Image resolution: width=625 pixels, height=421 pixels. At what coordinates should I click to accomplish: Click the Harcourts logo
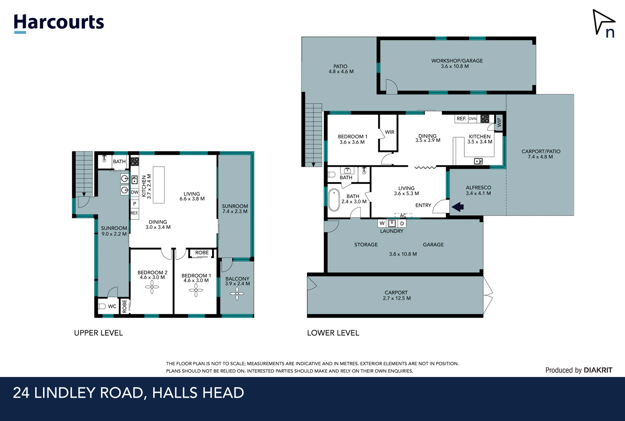59,23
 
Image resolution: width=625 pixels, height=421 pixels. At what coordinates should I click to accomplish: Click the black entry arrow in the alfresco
458,207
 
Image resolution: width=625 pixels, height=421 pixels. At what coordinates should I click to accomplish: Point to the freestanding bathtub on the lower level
334,200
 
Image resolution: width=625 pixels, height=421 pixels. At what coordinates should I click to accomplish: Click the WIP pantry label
499,122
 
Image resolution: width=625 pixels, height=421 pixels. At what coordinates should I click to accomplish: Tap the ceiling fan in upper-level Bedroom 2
152,287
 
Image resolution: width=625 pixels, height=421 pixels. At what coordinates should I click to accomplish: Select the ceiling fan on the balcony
237,294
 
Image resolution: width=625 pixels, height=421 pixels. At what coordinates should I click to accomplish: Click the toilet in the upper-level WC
102,306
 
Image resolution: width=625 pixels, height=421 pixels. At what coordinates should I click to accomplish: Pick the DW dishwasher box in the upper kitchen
135,192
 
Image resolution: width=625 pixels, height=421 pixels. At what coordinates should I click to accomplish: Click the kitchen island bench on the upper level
158,185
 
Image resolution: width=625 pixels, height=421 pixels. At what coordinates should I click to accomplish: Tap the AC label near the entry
403,216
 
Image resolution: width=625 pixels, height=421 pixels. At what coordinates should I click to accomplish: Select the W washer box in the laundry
382,223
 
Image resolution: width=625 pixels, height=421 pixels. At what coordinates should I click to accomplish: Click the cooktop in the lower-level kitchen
485,119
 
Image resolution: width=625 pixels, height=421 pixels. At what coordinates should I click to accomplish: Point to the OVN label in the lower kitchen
473,119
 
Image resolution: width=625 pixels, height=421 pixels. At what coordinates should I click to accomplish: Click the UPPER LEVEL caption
98,333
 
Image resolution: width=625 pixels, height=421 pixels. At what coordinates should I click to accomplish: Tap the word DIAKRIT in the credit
598,370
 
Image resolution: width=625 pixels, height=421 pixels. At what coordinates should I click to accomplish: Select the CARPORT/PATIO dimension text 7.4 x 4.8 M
540,157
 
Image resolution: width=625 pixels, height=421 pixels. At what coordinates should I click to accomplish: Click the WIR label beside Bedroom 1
390,132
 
